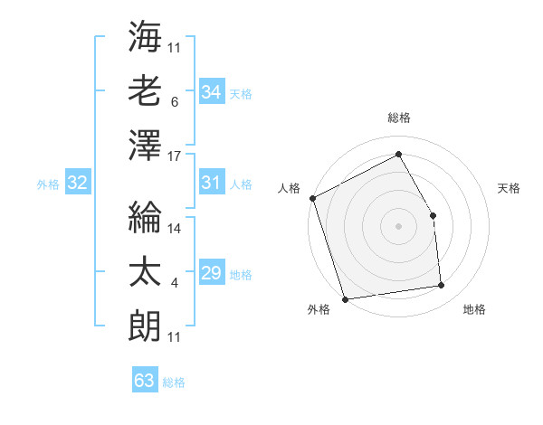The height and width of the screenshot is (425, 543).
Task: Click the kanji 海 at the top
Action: [146, 38]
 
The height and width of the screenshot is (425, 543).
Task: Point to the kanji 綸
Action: [146, 217]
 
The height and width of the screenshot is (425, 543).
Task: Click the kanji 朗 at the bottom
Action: [146, 323]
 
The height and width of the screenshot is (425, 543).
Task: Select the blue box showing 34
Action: [211, 91]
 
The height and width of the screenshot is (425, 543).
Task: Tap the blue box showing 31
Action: [211, 183]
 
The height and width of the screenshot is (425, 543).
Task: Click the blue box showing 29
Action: [211, 273]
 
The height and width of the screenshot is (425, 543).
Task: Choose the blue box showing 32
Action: [77, 184]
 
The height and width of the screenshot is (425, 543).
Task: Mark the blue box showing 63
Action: [144, 381]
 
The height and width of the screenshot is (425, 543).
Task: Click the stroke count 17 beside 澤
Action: [176, 156]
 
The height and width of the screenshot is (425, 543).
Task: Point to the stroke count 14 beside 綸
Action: [176, 229]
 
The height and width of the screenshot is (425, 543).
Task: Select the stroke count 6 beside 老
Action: [174, 102]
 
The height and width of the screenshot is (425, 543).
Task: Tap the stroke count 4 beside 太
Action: [174, 283]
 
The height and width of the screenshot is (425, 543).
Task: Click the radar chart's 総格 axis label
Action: [398, 118]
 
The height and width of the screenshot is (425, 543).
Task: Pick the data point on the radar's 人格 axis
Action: [313, 198]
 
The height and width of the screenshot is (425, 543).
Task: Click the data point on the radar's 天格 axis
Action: [433, 215]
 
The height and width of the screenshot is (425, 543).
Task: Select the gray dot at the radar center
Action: [398, 226]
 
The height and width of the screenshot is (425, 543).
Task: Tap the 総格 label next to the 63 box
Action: [174, 382]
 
